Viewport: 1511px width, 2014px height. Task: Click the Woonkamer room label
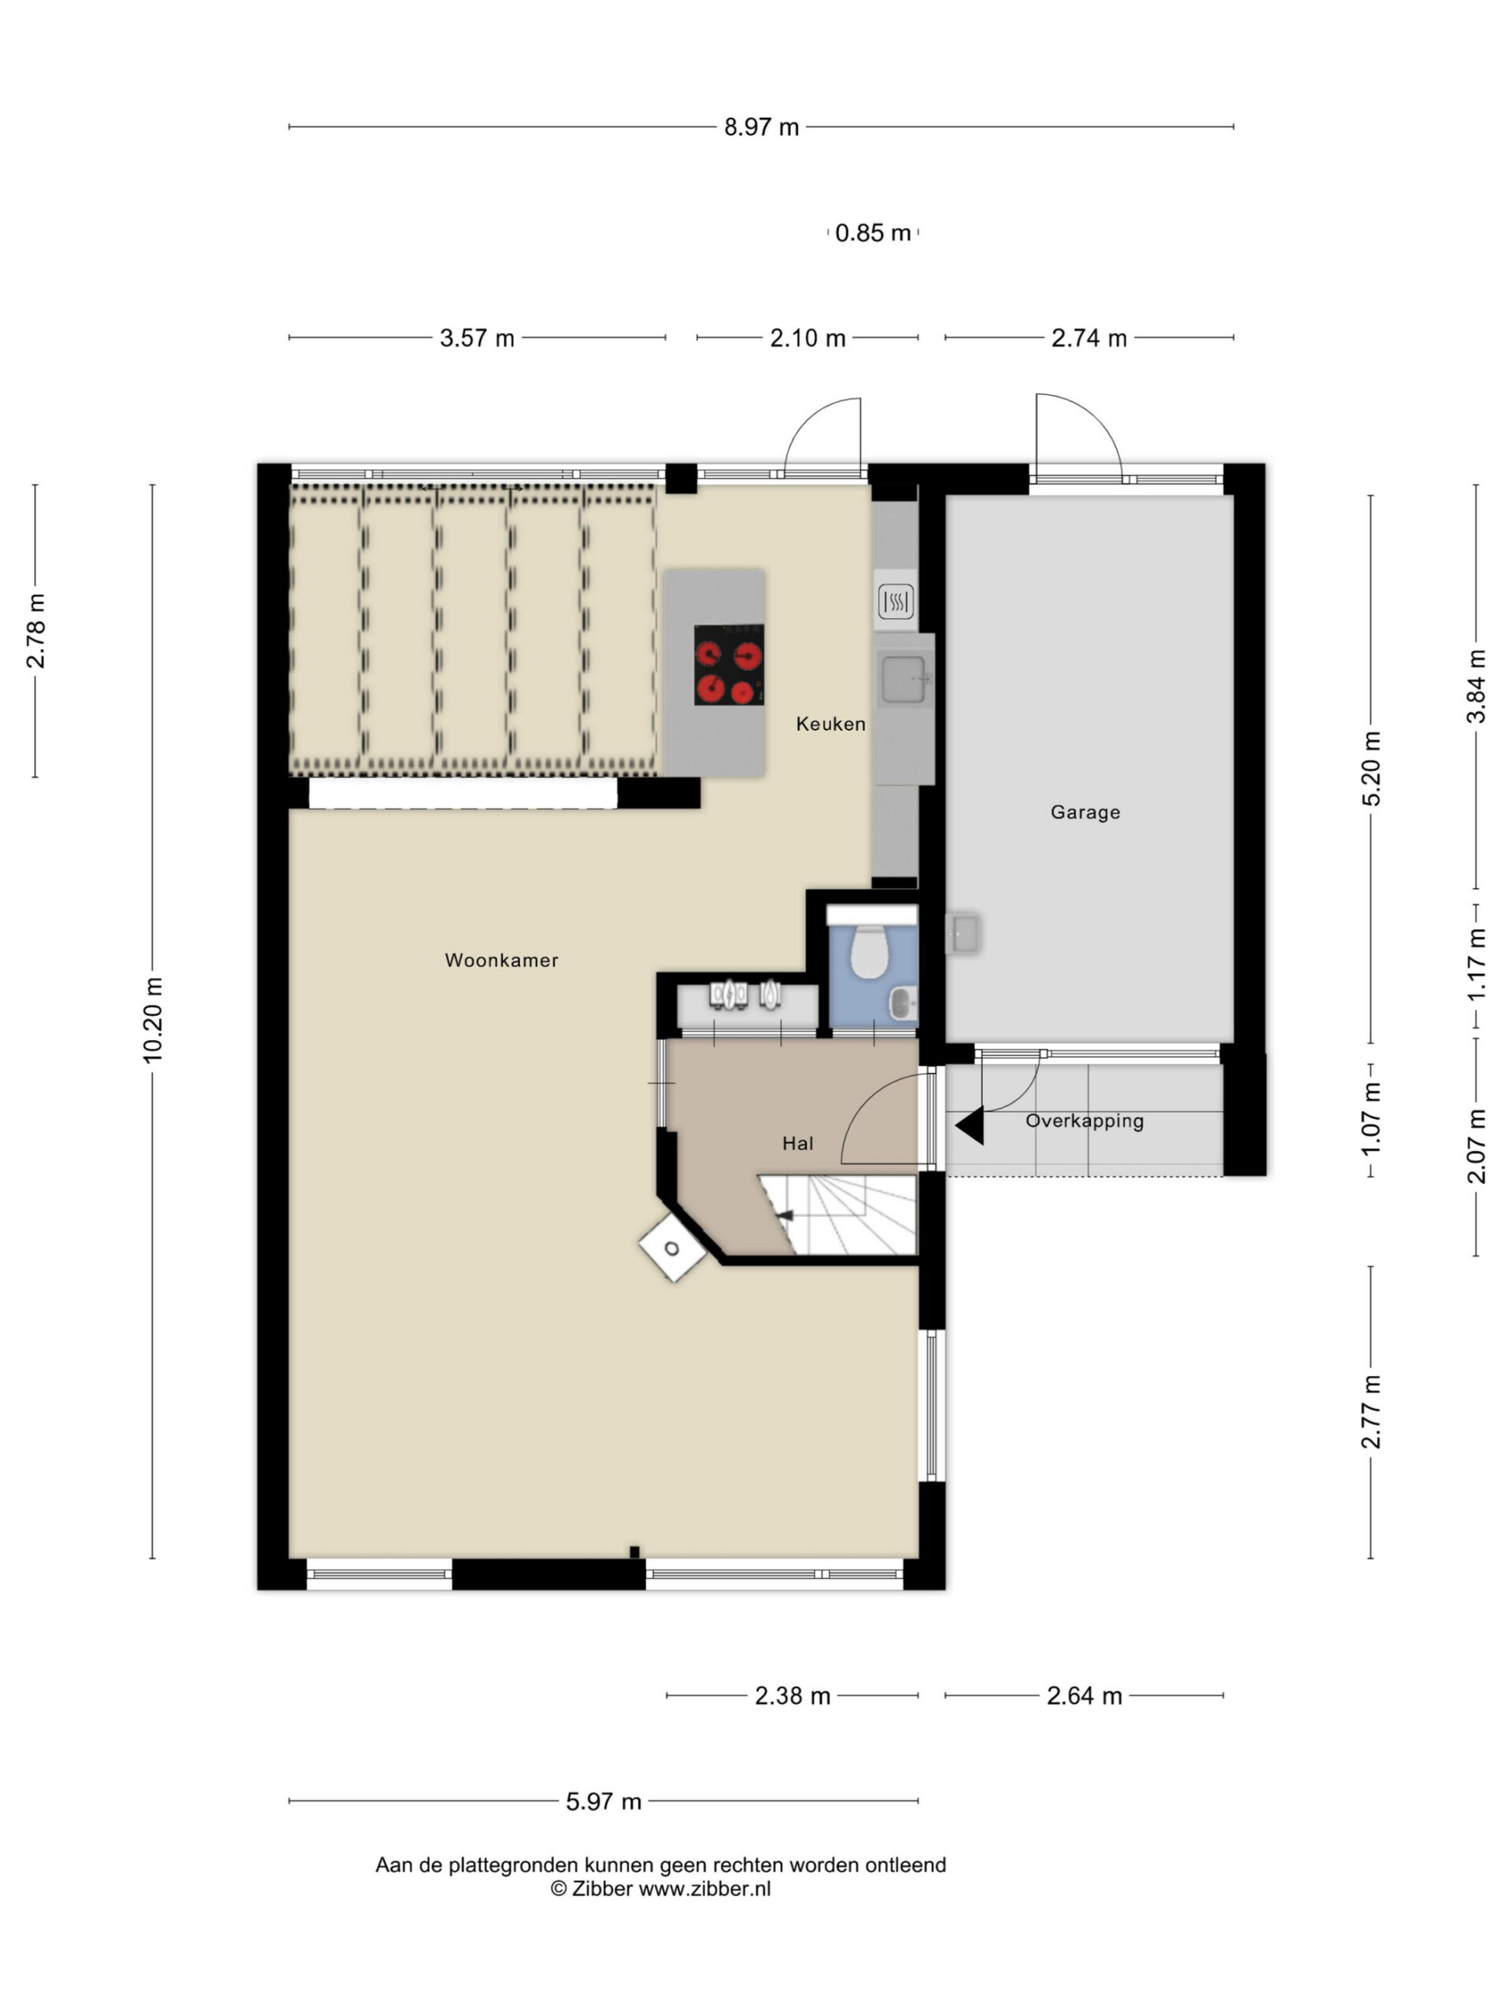tap(501, 960)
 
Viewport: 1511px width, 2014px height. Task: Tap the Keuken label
tap(829, 724)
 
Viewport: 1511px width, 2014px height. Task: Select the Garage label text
tap(1084, 812)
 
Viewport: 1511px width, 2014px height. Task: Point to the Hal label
tap(797, 1144)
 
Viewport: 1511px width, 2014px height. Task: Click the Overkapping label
tap(1084, 1121)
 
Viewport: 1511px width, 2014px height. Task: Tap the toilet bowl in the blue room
tap(868, 951)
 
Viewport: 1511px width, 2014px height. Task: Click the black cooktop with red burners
tap(729, 665)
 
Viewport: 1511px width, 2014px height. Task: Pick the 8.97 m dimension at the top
tap(762, 127)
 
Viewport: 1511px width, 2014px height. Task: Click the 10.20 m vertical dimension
tap(152, 1020)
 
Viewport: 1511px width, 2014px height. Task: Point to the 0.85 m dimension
tap(873, 233)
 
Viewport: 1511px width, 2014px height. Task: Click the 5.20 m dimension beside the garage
tap(1371, 769)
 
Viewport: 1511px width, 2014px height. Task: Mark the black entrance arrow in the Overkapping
tap(970, 1125)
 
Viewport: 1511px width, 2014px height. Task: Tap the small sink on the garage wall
tap(962, 932)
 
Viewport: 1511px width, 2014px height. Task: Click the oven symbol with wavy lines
tap(896, 601)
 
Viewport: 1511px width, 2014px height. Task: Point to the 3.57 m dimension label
tap(477, 339)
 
